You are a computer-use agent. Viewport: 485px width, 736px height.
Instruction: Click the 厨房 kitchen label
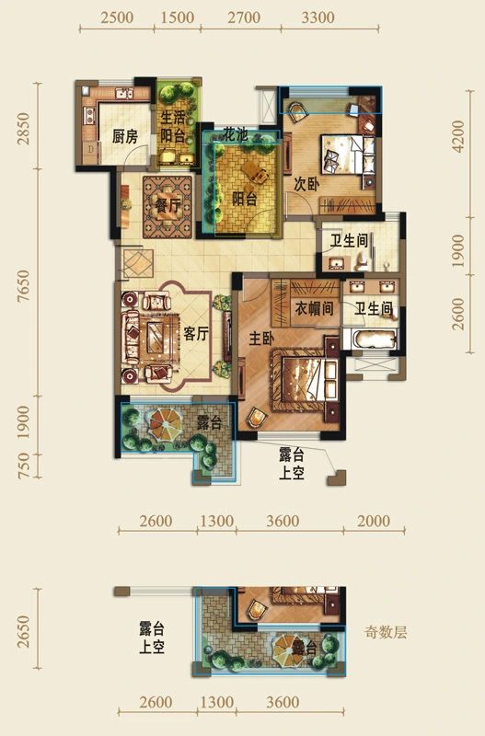coord(124,136)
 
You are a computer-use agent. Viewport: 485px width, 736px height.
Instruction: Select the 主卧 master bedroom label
coord(262,339)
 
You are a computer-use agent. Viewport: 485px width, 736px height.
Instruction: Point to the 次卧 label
coord(306,183)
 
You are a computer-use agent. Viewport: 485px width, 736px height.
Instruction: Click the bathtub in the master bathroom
coord(372,341)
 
